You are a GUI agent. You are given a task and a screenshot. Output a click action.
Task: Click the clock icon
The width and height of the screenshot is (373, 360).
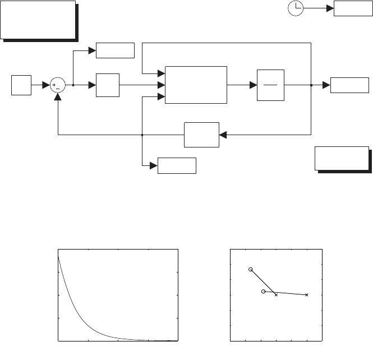click(296, 8)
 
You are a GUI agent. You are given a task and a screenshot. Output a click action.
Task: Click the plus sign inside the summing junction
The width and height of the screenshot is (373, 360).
click(54, 85)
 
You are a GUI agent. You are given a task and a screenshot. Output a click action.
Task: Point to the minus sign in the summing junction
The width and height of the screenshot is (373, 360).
click(58, 89)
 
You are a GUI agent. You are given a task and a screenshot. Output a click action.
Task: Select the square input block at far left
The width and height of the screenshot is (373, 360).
click(21, 85)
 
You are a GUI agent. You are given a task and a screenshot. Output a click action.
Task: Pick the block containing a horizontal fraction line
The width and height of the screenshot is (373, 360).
click(270, 85)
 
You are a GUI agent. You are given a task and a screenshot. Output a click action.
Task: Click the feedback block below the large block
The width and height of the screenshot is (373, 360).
click(201, 135)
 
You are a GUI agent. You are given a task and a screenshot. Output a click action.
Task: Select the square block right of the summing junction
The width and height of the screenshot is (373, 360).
click(108, 85)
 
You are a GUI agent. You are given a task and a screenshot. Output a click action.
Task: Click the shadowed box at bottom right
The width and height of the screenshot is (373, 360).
click(342, 158)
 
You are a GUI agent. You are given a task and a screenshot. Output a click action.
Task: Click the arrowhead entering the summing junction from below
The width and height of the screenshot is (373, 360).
click(58, 96)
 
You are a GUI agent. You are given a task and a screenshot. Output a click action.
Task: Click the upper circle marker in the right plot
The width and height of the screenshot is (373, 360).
click(251, 270)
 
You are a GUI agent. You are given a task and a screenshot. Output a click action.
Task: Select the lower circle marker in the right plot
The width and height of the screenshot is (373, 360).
click(263, 292)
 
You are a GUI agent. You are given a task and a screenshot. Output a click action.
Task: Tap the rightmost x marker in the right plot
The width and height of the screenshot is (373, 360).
click(307, 294)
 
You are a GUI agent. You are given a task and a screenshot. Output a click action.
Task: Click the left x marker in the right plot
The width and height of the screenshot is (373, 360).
click(276, 295)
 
